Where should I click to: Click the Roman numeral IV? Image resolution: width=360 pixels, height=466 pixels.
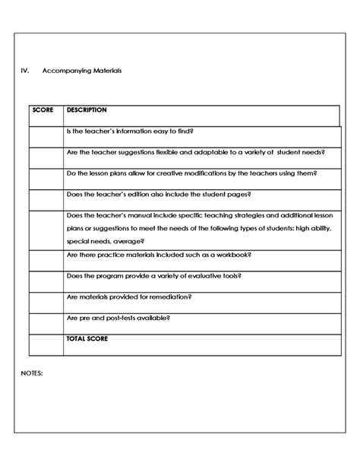point(24,70)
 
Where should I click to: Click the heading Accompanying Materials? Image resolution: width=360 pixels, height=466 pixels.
point(88,70)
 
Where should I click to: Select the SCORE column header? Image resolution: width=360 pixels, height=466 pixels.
point(43,110)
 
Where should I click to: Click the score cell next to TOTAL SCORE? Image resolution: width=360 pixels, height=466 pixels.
point(46,344)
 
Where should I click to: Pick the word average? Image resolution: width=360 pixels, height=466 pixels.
point(134,239)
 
